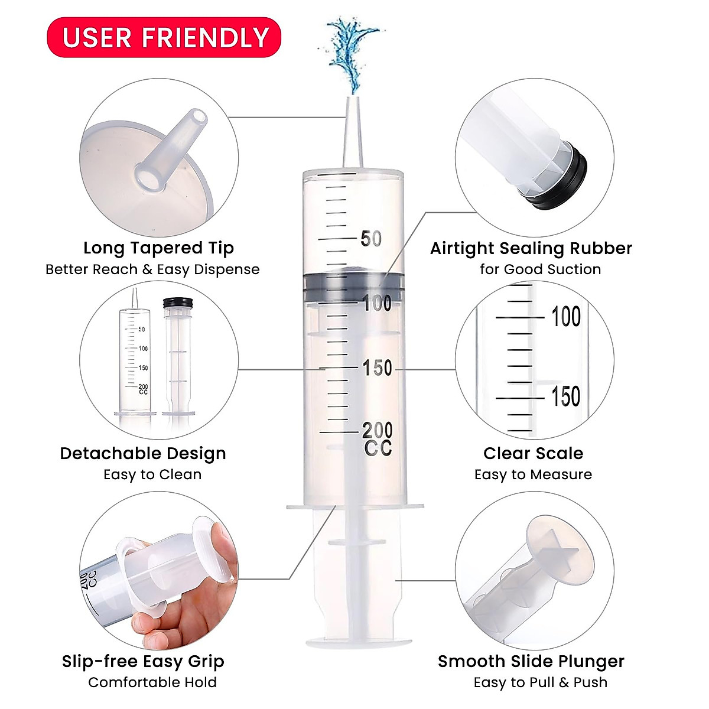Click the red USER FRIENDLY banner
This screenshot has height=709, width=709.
coord(164,37)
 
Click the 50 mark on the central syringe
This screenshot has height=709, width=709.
coord(371,239)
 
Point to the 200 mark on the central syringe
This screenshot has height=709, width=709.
coord(377,430)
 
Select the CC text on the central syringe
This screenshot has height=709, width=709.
coord(378,449)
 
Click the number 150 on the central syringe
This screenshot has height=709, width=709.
coord(377,368)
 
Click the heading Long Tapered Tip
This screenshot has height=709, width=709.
coord(158,248)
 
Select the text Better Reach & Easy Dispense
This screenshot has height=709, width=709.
coord(152,269)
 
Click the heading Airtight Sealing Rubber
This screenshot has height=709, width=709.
coord(531,248)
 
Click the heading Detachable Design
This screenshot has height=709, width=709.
coord(143,454)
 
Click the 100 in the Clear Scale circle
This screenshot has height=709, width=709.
coord(565,317)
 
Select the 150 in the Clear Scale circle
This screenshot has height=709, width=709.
coord(565,397)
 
